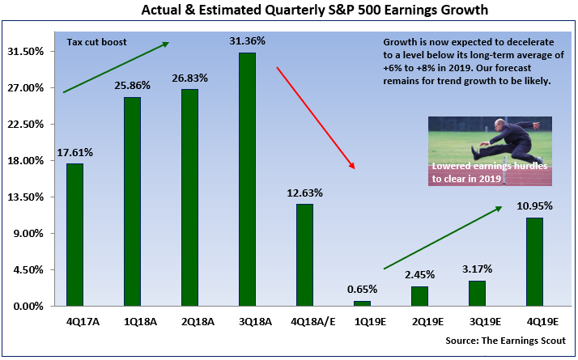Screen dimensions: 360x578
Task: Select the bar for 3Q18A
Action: (247, 179)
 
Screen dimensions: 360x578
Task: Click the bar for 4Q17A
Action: (74, 235)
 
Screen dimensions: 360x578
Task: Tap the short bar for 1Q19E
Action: (362, 303)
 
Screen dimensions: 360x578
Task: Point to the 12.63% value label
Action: (304, 193)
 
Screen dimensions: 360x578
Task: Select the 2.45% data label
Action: (419, 275)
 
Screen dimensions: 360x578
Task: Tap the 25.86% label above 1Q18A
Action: (132, 86)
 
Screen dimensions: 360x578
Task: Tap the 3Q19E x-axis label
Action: (477, 320)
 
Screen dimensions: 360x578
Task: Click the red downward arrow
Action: (316, 118)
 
